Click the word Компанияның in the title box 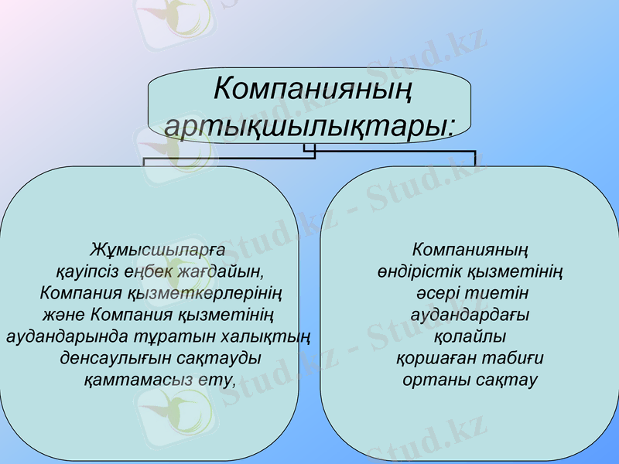312,90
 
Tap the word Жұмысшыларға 157,250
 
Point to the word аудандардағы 470,315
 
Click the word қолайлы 470,336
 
